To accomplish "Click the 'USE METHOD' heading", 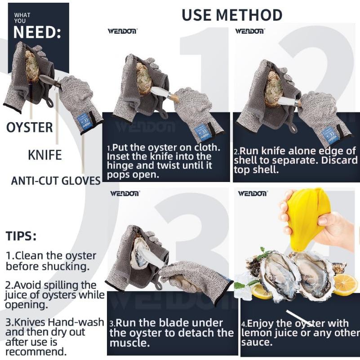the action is click(232, 15).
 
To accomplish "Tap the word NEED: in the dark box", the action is click(37, 32).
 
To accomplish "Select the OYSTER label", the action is click(29, 128).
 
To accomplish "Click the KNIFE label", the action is click(45, 155).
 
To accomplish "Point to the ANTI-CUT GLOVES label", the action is click(56, 181).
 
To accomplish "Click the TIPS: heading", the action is click(21, 236).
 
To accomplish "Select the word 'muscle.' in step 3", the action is click(129, 343).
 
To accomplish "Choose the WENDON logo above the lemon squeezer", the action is click(252, 193).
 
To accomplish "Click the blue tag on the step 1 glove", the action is click(201, 131).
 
